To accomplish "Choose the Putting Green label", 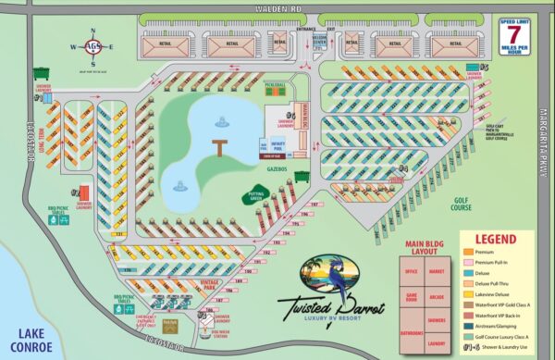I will pyautogui.click(x=255, y=195).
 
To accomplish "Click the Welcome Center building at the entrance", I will pyautogui.click(x=319, y=41).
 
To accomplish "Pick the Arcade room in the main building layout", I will pyautogui.click(x=438, y=297).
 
